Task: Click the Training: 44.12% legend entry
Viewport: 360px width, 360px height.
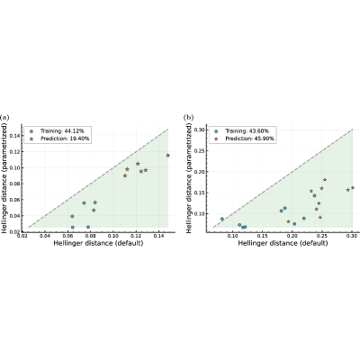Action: pyautogui.click(x=57, y=131)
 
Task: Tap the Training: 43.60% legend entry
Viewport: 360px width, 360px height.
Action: pyautogui.click(x=242, y=131)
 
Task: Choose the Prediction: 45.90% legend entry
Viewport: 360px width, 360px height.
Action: pyautogui.click(x=245, y=139)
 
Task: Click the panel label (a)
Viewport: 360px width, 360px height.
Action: pyautogui.click(x=4, y=117)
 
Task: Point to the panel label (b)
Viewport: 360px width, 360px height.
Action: pyautogui.click(x=188, y=117)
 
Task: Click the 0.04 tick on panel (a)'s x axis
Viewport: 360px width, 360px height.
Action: pyautogui.click(x=45, y=236)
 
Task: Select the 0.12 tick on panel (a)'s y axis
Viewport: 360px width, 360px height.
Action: pyautogui.click(x=13, y=152)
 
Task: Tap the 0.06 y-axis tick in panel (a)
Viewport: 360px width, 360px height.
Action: pyautogui.click(x=13, y=200)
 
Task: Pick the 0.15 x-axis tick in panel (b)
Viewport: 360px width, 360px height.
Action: pyautogui.click(x=263, y=236)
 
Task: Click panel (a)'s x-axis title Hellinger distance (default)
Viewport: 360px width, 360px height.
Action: pyautogui.click(x=98, y=243)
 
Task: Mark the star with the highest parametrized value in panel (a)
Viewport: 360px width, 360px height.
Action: pyautogui.click(x=168, y=156)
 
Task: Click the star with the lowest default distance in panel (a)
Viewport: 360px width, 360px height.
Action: pyautogui.click(x=125, y=175)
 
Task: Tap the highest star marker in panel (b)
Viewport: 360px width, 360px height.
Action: pyautogui.click(x=325, y=180)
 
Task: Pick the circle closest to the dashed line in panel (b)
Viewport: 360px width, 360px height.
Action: pyautogui.click(x=222, y=219)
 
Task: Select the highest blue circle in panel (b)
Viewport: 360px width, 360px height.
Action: pyautogui.click(x=314, y=195)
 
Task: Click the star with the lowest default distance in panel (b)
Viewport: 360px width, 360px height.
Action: pyautogui.click(x=289, y=221)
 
